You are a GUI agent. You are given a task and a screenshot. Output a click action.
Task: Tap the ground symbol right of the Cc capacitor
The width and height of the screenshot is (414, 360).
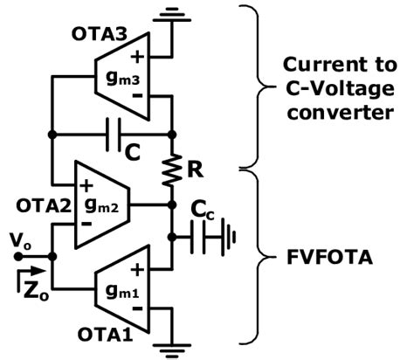pyautogui.click(x=230, y=235)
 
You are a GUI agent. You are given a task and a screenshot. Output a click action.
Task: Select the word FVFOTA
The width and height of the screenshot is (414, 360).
pyautogui.click(x=330, y=259)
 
